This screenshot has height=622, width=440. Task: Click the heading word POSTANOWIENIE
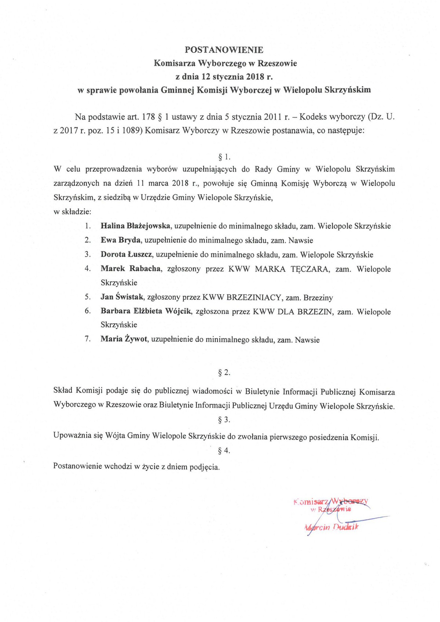coord(224,50)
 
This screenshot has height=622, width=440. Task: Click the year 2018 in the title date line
coord(256,77)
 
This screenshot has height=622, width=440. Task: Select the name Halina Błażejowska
coord(135,226)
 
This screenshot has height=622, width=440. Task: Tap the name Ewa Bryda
coord(121,240)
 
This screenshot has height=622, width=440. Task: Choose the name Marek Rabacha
coord(131,269)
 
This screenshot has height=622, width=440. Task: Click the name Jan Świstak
coord(122,298)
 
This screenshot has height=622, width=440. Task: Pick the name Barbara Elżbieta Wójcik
coord(146,312)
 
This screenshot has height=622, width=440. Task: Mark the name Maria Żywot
coord(124,340)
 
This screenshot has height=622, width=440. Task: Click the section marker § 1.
coord(224,157)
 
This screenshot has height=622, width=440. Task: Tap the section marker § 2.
coord(224,373)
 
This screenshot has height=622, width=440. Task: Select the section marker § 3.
coord(224,420)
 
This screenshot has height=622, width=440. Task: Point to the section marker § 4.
coord(224,451)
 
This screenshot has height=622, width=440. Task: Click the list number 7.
coord(88,339)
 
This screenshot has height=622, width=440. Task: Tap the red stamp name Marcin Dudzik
coord(332,528)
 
